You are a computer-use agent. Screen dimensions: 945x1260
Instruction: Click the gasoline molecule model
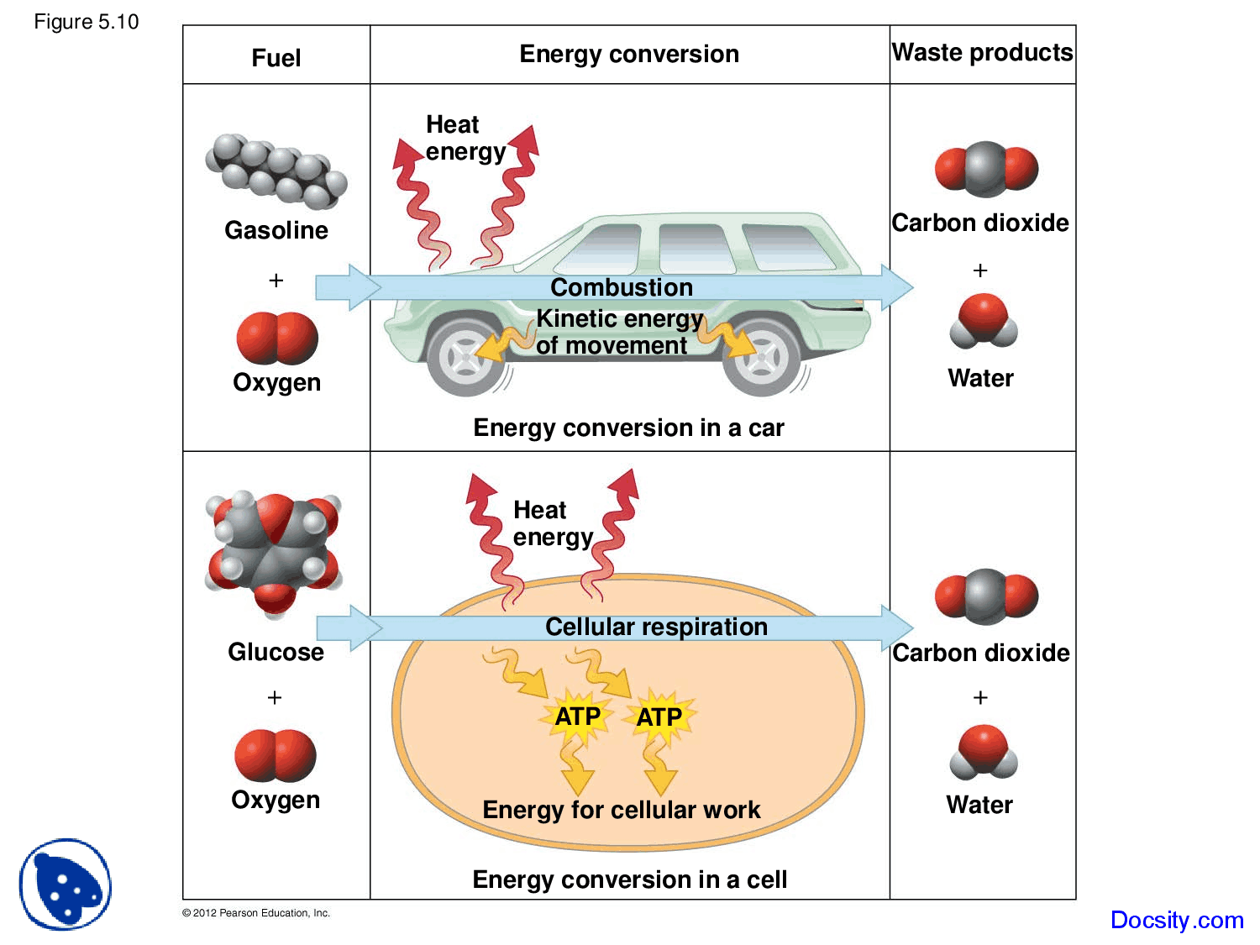[x=276, y=171]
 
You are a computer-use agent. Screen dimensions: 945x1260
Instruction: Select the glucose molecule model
[x=274, y=550]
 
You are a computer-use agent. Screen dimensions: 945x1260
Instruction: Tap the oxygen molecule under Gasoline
[x=277, y=338]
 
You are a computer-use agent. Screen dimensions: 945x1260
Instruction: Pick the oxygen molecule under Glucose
[x=276, y=755]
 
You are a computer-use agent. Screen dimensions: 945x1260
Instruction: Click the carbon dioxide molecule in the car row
[x=986, y=169]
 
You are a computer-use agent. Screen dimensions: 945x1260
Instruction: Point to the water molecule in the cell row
[x=983, y=753]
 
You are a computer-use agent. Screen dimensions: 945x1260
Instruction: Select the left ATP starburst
[x=578, y=717]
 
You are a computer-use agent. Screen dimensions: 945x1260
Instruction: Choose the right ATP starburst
[x=659, y=717]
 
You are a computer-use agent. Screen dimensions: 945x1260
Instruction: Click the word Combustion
[x=622, y=287]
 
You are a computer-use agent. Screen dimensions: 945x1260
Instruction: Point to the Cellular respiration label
[x=656, y=627]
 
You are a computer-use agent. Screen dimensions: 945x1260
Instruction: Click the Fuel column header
[x=276, y=57]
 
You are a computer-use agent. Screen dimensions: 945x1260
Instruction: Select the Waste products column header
[x=982, y=53]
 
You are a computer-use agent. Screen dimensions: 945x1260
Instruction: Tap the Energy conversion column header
[x=629, y=55]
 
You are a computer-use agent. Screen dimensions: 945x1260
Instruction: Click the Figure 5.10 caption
[x=86, y=22]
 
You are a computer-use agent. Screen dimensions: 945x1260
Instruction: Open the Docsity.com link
[x=1176, y=920]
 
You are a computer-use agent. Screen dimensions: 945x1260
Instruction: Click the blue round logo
[x=66, y=885]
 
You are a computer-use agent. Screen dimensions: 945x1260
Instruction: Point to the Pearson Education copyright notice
[x=256, y=913]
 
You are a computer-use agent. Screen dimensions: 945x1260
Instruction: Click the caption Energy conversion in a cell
[x=629, y=879]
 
